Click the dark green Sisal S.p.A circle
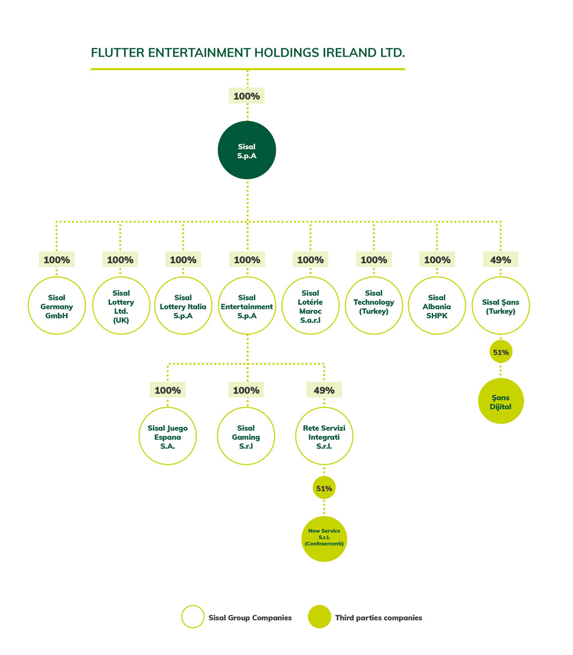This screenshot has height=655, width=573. pos(247,151)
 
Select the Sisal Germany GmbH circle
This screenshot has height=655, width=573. pos(57,306)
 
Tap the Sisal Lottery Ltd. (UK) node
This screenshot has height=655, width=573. pos(120,306)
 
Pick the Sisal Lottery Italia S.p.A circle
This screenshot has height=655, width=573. pos(183,306)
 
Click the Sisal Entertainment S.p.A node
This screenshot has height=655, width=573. pos(247,306)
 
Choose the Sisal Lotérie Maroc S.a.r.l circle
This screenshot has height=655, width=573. pos(311,306)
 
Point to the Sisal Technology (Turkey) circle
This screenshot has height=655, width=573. pos(374,306)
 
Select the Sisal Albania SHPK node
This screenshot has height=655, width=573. pos(437,306)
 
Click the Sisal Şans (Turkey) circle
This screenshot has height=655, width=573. pos(500,306)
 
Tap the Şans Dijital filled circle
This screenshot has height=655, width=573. pos(500,401)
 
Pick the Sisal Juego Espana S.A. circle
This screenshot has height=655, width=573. pos(167,437)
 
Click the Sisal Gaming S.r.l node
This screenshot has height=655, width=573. pos(247,437)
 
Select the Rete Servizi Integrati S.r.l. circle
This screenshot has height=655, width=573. pos(324,437)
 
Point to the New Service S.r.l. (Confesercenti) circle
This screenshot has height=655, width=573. pos(324,538)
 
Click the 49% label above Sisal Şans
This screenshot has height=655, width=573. pos(500,260)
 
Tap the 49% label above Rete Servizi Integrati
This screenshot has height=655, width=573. pos(324,390)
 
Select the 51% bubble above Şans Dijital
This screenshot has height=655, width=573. pos(500,352)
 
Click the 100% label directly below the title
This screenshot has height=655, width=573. pos(247,96)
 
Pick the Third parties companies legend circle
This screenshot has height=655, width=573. pos(320,617)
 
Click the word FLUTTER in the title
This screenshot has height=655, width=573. pos(116,53)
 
